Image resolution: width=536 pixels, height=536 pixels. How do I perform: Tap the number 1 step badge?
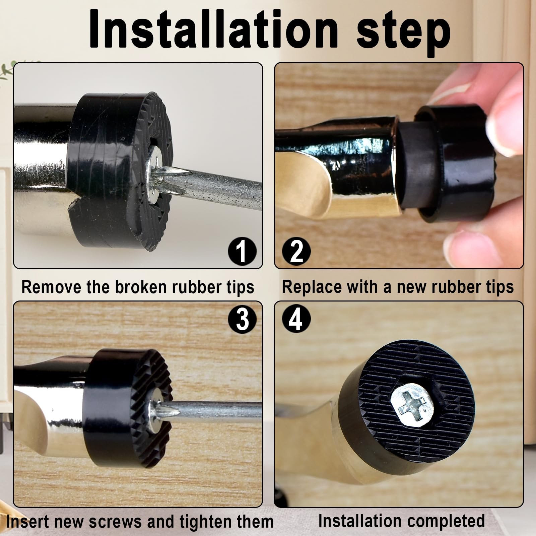click(242, 251)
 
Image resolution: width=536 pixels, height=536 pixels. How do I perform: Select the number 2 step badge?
click(296, 251)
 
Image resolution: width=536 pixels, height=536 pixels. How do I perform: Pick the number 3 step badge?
click(242, 319)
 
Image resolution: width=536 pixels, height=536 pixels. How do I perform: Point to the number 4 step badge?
click(296, 319)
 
